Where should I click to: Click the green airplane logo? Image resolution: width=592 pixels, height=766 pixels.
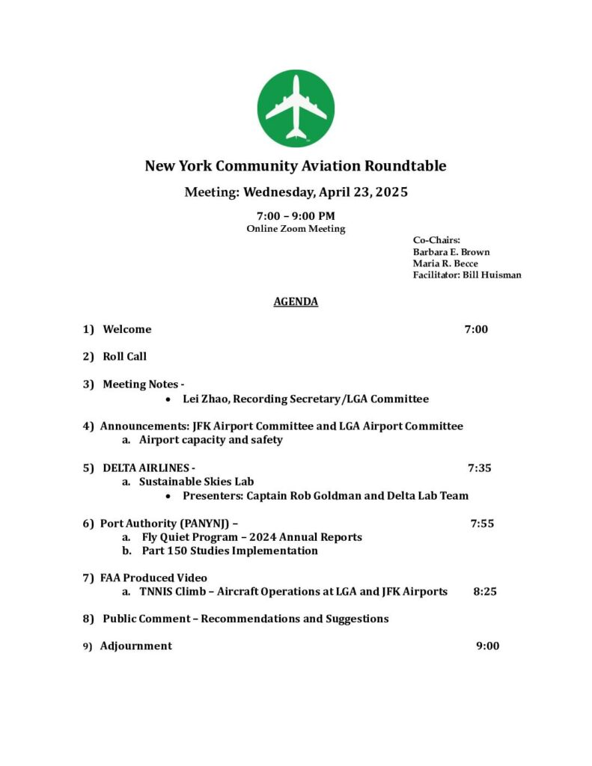pos(296,108)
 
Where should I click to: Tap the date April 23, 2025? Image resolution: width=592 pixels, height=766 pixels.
pos(363,192)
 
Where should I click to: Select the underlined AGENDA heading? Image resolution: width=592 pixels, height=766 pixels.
pos(296,301)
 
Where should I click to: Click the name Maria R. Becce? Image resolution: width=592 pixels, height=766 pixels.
pos(445,263)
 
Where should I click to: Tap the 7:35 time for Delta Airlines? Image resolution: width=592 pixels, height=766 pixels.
pos(479,468)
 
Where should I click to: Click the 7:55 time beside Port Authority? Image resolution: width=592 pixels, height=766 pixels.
pos(482,524)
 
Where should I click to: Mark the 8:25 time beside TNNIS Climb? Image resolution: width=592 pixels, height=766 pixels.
pos(485,591)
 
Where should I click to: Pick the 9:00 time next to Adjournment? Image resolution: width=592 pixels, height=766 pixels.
pos(487,646)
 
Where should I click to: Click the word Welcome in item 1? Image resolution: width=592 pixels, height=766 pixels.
pos(126,329)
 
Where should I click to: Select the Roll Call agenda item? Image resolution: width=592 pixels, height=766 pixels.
pos(124,357)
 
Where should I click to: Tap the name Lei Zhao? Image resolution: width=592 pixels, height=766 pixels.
pos(206,399)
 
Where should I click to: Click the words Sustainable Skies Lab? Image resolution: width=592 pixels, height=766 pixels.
pos(196,482)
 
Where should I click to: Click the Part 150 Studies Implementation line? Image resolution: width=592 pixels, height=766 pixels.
pos(230,551)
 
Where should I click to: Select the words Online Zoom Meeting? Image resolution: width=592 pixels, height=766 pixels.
pos(296,229)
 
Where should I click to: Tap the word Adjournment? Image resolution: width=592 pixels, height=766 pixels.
pos(136,646)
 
